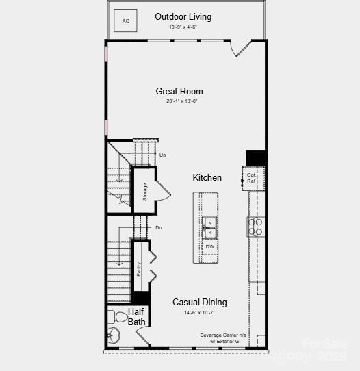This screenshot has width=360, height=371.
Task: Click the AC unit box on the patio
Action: [x=125, y=21]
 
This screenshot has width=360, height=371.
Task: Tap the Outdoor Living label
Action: [x=183, y=16]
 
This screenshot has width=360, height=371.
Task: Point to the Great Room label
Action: [x=179, y=91]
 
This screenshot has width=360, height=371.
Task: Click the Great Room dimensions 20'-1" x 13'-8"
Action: [x=181, y=101]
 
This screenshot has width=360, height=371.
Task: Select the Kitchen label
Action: [x=207, y=177]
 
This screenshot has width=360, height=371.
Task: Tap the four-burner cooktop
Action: [x=255, y=227]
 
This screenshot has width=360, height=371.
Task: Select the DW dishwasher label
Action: [x=209, y=246]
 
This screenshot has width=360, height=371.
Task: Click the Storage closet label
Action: [x=144, y=191]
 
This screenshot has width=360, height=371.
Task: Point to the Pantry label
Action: [x=139, y=268]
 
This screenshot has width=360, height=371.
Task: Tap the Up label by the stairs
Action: [x=162, y=155]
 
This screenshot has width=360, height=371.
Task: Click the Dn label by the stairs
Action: [x=159, y=227]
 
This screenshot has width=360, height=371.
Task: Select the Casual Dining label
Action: [x=200, y=302]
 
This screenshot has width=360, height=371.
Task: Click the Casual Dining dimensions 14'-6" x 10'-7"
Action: [x=200, y=313]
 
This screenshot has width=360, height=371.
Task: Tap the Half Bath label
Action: [x=137, y=317]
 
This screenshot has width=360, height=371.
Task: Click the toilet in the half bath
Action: [x=114, y=318]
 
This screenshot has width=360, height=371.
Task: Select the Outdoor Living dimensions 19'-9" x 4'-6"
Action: [x=183, y=27]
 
